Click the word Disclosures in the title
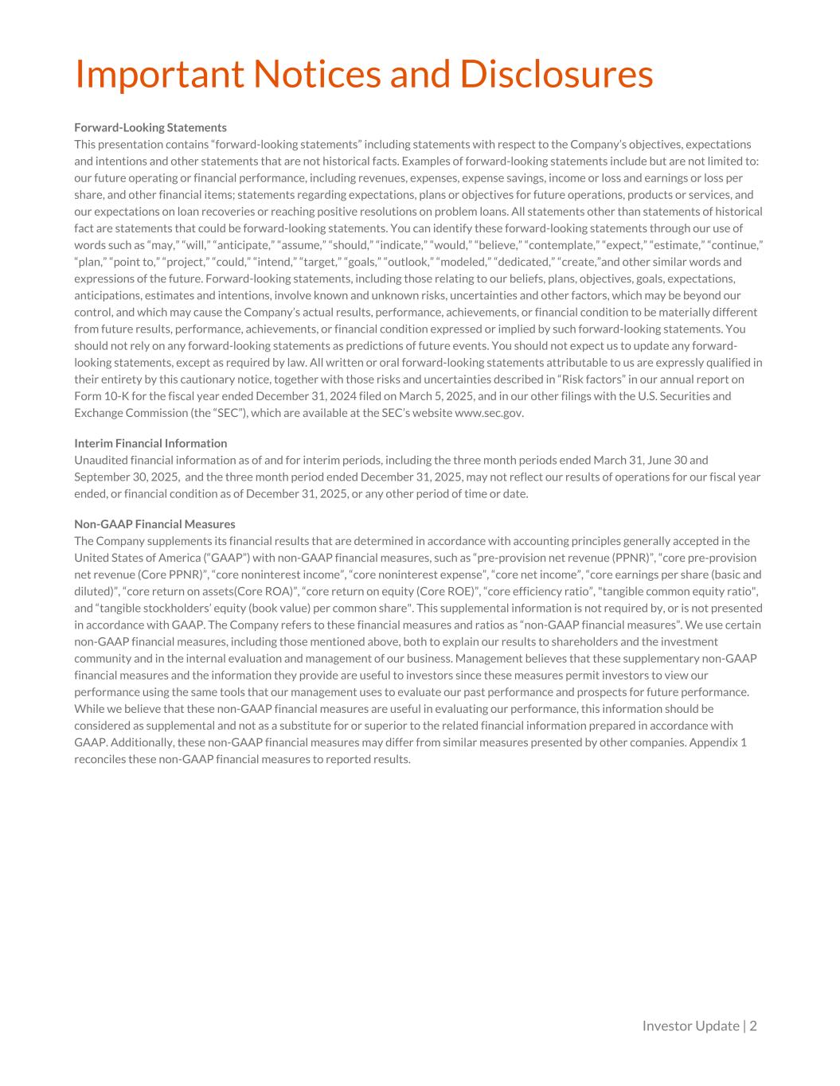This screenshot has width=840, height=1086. point(556,74)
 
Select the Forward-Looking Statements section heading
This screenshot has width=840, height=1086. point(150,127)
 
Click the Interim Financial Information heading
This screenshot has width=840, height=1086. point(150,443)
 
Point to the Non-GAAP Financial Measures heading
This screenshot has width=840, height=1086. point(154,524)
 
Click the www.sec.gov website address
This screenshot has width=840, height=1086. point(488,412)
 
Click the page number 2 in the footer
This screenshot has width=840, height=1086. point(753,1026)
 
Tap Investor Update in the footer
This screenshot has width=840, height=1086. point(690,1026)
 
